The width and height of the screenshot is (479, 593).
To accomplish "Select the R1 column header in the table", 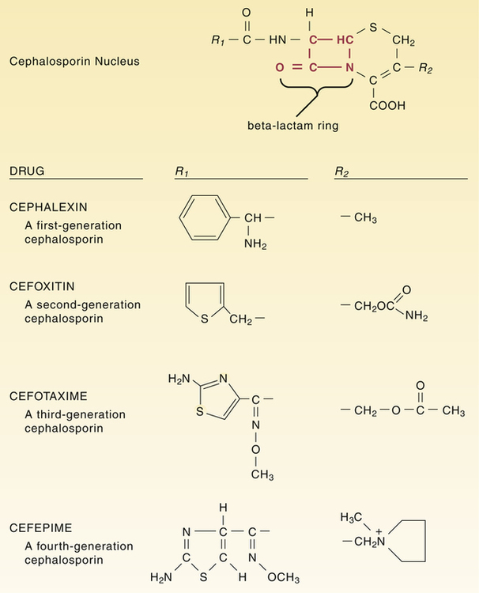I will (181, 172).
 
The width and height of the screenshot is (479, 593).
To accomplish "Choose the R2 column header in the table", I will (342, 172).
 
